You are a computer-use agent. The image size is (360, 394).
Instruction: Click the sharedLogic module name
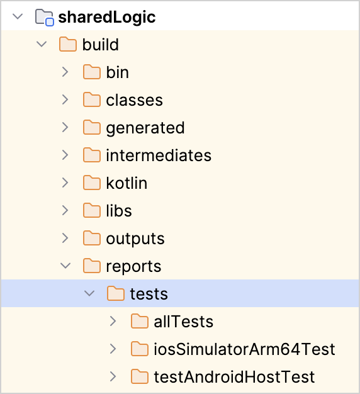coord(107,18)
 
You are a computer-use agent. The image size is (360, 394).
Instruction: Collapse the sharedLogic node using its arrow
coord(18,16)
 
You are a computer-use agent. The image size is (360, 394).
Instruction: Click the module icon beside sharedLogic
coord(45,18)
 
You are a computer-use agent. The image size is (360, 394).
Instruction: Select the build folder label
coord(101,45)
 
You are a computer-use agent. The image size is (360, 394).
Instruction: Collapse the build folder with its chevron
coord(42,44)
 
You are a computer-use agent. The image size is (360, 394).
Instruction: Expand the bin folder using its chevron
coord(65,72)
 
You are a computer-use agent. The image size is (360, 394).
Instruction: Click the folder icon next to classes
coord(92,99)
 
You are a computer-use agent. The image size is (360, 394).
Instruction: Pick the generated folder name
coord(145,128)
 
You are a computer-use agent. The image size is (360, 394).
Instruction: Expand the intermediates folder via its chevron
coord(65,155)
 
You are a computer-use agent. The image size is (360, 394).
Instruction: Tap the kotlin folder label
coord(127,183)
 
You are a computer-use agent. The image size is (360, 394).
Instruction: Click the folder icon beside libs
coord(92,210)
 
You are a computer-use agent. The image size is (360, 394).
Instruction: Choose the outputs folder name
coord(135,239)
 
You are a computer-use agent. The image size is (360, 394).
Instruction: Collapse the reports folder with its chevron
coord(65,266)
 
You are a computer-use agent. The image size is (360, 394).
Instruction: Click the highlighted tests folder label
coord(149,294)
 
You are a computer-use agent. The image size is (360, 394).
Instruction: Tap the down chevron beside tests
coord(89,293)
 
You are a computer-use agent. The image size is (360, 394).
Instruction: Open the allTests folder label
coord(183,322)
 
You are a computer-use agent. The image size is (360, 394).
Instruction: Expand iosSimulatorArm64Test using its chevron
coord(113,349)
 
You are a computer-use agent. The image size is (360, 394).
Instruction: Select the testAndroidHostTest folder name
coord(234,376)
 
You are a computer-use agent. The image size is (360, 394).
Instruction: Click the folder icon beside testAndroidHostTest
coord(140,376)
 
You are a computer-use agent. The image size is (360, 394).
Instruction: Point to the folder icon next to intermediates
coord(92,155)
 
